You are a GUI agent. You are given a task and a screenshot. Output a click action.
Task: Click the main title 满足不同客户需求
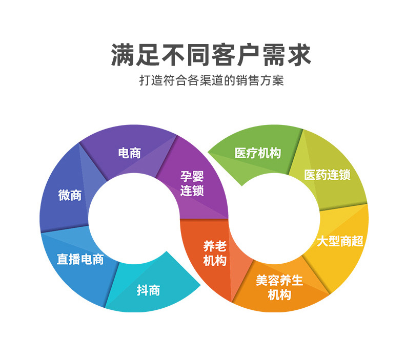click(211, 55)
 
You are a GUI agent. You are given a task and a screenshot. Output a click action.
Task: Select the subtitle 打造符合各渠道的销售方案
click(211, 80)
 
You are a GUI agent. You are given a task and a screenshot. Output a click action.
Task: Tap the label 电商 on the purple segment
click(129, 153)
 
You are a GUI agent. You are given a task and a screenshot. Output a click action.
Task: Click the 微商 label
click(70, 195)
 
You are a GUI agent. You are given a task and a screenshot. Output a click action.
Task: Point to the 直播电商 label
click(80, 259)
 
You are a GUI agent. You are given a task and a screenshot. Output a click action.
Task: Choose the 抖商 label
click(148, 290)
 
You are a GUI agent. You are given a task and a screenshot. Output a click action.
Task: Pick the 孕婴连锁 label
click(192, 183)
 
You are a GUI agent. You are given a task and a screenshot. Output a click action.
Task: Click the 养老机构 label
click(215, 253)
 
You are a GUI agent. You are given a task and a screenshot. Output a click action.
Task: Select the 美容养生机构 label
click(279, 287)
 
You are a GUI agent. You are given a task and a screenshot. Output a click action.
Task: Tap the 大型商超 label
click(340, 241)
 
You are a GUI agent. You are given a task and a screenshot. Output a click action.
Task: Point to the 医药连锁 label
click(327, 175)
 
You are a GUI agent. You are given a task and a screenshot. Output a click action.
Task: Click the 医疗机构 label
click(258, 153)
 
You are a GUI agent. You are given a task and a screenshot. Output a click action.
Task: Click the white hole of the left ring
click(134, 219)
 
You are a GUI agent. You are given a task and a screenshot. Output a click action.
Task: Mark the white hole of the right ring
click(274, 219)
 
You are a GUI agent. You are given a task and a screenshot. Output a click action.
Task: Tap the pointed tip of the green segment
click(208, 152)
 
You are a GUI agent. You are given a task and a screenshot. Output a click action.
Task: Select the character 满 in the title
click(123, 55)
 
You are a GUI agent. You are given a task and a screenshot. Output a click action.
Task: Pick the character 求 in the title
click(299, 55)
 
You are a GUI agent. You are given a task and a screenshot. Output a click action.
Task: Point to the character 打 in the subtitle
click(145, 80)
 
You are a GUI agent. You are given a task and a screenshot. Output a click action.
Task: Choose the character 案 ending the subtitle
click(278, 80)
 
